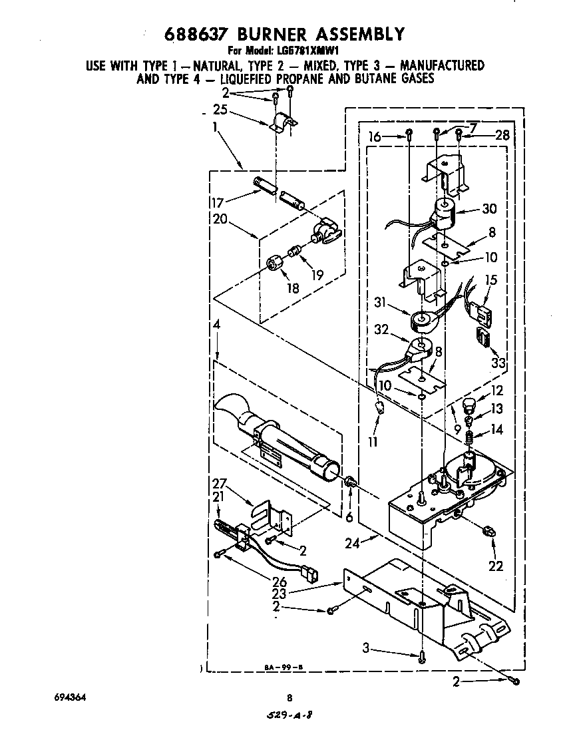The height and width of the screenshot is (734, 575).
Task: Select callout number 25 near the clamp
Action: pyautogui.click(x=220, y=110)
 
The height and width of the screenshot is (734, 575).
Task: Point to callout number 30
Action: pyautogui.click(x=490, y=208)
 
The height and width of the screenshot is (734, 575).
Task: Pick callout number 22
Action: pyautogui.click(x=495, y=567)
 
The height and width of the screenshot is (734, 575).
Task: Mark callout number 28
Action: pyautogui.click(x=502, y=136)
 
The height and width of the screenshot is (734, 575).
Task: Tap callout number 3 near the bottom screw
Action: pyautogui.click(x=367, y=647)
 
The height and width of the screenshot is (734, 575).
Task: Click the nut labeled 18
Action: pyautogui.click(x=273, y=264)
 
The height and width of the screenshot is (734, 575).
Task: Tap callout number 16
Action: pyautogui.click(x=376, y=137)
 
